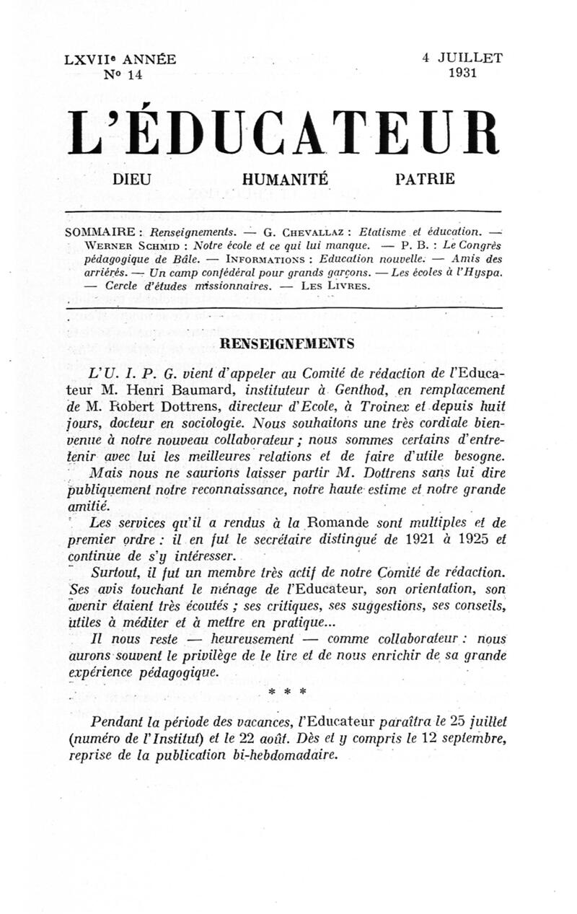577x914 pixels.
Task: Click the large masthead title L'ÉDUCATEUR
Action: [283, 133]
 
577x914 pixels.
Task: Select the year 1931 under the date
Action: [462, 74]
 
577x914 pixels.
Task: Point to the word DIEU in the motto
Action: [133, 179]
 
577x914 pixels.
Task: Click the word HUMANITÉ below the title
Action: [285, 179]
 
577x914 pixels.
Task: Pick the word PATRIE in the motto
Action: [426, 179]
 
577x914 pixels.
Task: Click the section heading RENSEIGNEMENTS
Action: [288, 344]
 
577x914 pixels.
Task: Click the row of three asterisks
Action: [287, 692]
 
